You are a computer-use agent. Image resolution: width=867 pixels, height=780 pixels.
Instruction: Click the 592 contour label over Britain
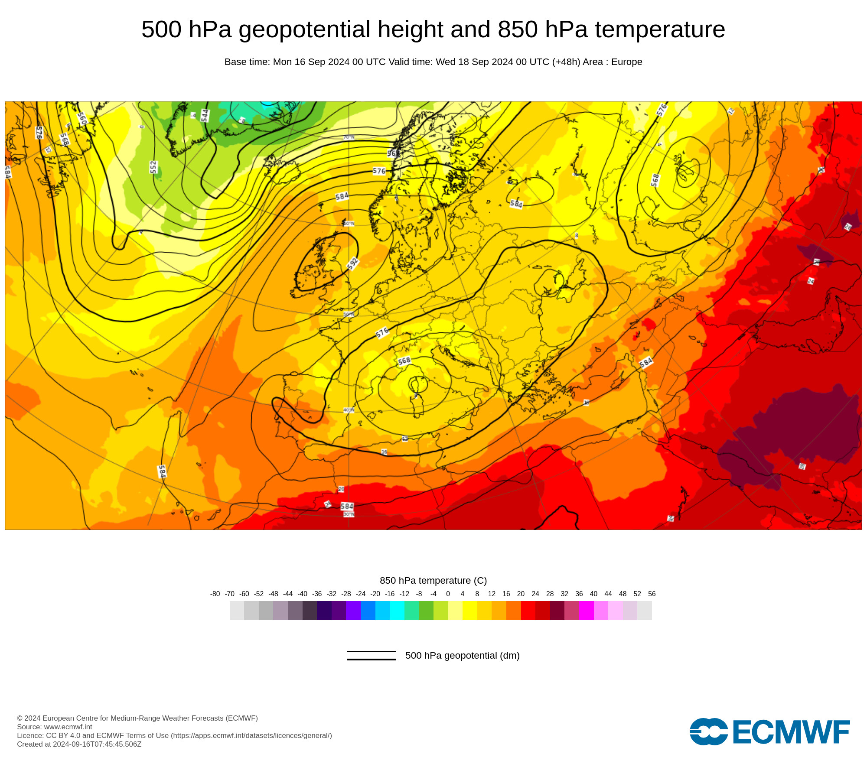(353, 263)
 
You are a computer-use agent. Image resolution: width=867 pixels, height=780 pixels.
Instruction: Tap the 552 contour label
(153, 167)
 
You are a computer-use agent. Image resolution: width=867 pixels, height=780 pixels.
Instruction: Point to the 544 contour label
(205, 115)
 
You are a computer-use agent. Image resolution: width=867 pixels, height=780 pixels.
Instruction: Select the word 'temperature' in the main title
(660, 29)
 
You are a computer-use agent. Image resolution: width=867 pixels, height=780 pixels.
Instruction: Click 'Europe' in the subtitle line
(626, 62)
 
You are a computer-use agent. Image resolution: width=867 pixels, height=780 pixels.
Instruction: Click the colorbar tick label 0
(448, 594)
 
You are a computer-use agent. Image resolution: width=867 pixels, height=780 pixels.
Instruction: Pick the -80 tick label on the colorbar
(215, 594)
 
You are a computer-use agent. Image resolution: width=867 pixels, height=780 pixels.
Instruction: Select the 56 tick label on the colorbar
(652, 594)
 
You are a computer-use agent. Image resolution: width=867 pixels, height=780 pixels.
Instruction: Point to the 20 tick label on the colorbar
(521, 594)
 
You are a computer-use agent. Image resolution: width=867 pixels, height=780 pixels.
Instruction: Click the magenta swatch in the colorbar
(586, 611)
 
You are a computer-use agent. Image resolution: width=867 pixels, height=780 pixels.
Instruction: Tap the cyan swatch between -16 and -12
(397, 611)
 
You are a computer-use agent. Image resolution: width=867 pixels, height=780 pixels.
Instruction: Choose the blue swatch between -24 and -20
(368, 611)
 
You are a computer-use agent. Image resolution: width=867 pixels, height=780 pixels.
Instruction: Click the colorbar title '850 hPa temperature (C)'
(433, 580)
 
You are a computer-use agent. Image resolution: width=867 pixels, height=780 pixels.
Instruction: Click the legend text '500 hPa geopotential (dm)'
(462, 655)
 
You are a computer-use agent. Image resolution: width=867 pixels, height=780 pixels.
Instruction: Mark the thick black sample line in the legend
(371, 659)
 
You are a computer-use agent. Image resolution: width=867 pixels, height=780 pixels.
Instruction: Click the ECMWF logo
(769, 731)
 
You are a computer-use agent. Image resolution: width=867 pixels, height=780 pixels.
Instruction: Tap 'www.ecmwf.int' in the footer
(68, 727)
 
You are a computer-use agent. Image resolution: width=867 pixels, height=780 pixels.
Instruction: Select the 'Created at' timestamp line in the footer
(79, 744)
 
